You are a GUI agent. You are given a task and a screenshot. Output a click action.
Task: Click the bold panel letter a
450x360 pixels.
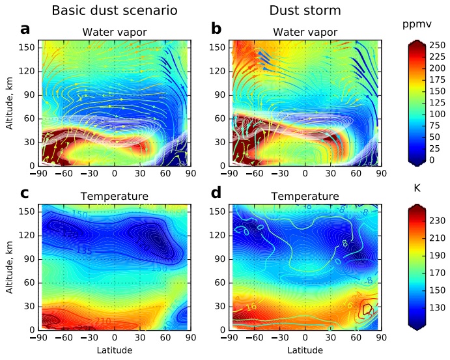(25, 29)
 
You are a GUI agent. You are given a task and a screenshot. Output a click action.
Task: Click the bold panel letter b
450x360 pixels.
(216, 29)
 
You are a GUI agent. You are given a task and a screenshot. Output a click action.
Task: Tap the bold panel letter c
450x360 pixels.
(25, 193)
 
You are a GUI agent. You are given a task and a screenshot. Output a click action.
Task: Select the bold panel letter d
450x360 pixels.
(216, 193)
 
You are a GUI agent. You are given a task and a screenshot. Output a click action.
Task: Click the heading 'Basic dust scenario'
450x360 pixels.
(105, 10)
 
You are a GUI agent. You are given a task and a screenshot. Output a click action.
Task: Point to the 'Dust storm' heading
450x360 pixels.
(296, 10)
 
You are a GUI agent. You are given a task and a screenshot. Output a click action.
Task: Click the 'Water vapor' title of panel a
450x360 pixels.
(114, 33)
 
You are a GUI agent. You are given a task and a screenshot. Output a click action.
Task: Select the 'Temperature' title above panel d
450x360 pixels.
(305, 196)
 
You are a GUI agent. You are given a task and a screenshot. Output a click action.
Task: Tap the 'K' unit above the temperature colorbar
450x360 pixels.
(417, 188)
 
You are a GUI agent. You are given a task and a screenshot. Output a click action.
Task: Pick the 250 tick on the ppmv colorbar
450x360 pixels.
(436, 44)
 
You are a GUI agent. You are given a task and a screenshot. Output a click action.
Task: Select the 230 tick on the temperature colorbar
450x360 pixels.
(436, 221)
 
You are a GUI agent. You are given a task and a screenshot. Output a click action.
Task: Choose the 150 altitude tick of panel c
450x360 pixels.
(29, 212)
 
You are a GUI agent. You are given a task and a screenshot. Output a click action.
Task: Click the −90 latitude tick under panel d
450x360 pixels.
(228, 339)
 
